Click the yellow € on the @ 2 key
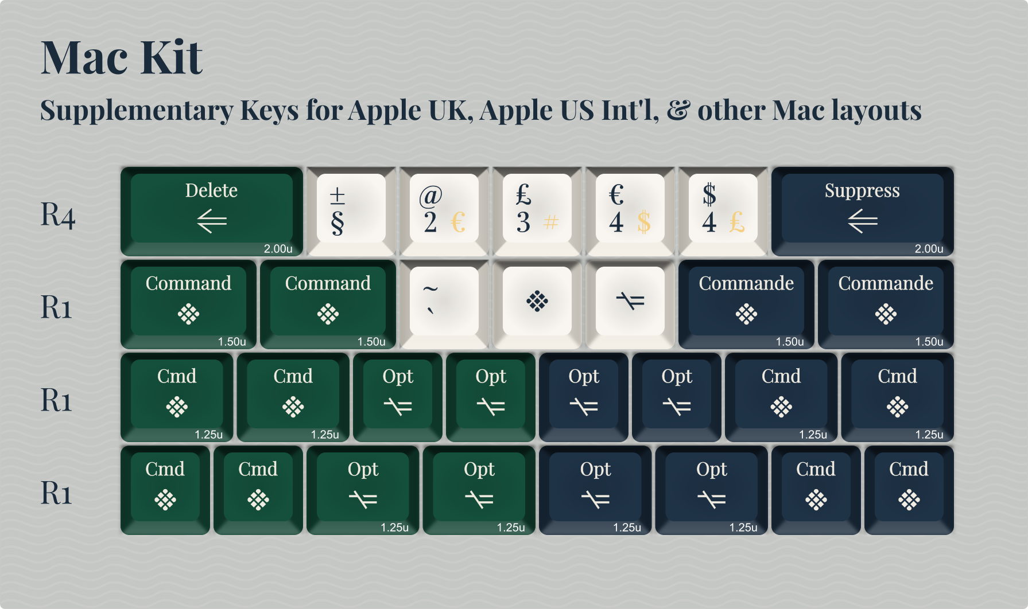[x=458, y=222]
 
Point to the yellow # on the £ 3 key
[x=551, y=222]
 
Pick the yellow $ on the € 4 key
[x=644, y=222]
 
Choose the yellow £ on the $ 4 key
[x=737, y=222]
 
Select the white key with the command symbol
[x=537, y=301]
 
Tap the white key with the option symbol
[x=630, y=301]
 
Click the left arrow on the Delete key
[x=211, y=221]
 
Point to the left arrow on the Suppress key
[x=862, y=221]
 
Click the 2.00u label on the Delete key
[x=278, y=249]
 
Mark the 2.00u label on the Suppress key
[x=929, y=249]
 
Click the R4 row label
[x=57, y=215]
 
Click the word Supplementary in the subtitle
[x=137, y=110]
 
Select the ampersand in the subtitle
[x=678, y=111]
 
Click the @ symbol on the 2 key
[x=430, y=196]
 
